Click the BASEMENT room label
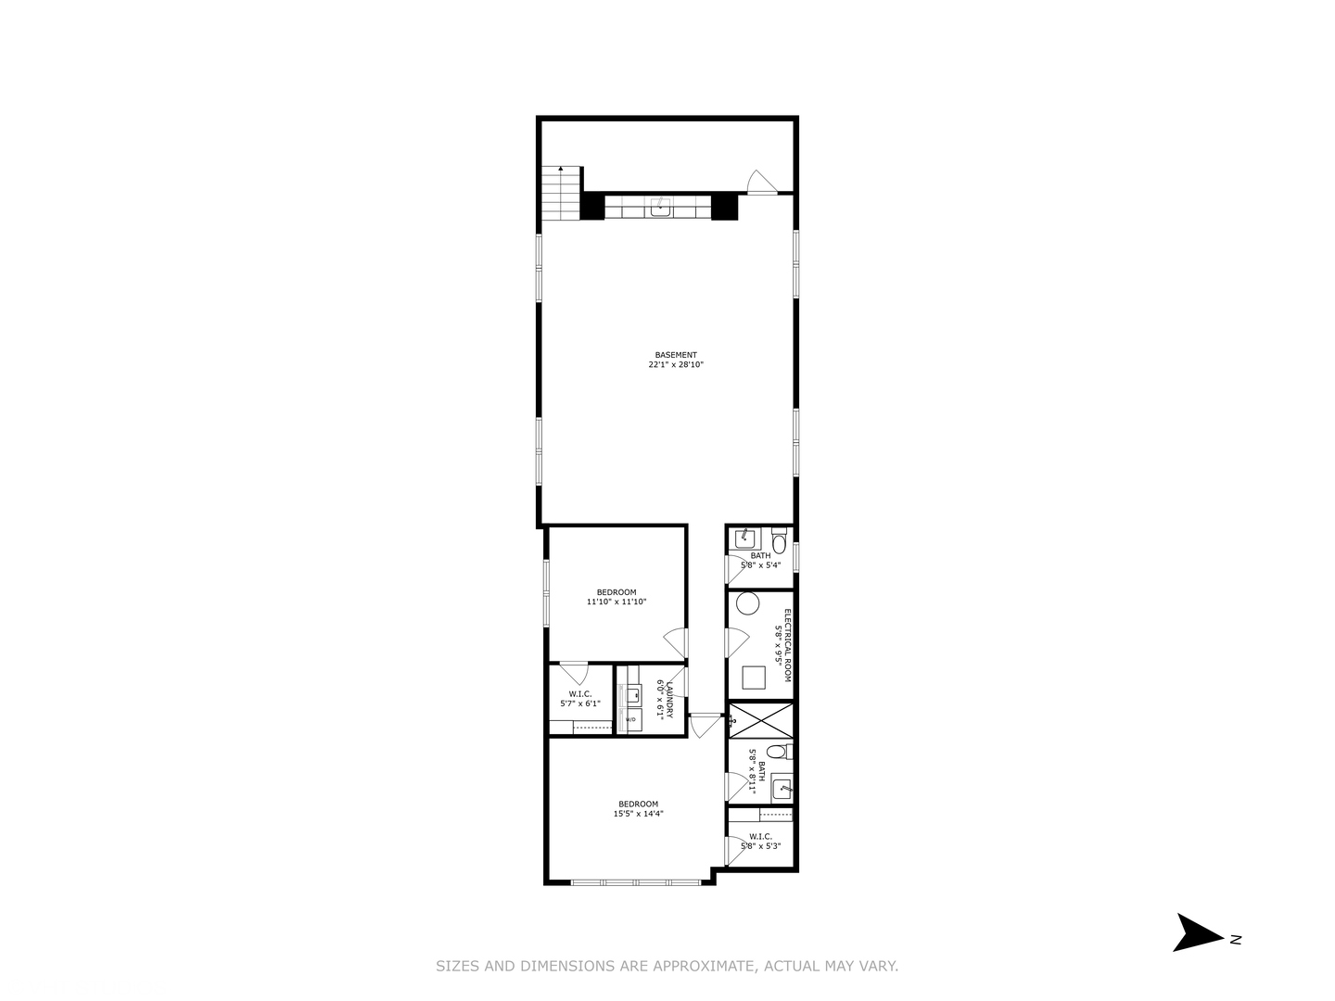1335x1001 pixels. (x=675, y=355)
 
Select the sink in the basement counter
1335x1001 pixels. (x=660, y=207)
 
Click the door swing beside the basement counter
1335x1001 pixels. (x=760, y=182)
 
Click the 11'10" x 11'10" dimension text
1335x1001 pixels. (x=616, y=602)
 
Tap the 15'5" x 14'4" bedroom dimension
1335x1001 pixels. (x=638, y=815)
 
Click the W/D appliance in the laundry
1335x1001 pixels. (x=630, y=719)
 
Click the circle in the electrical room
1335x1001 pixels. (x=748, y=604)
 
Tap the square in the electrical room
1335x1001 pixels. (x=752, y=678)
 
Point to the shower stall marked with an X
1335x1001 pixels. (x=760, y=720)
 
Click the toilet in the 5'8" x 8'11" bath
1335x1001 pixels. (x=782, y=751)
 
